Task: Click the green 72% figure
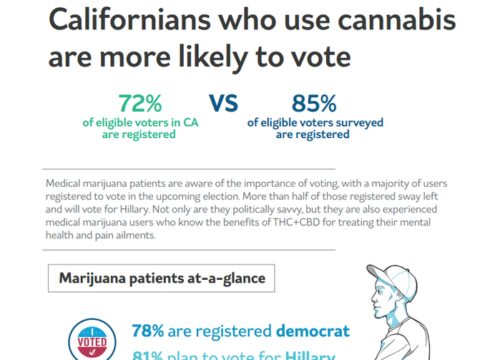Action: tap(140, 104)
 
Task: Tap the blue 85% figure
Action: tap(314, 104)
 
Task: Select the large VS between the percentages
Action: tap(223, 104)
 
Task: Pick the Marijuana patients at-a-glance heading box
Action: tap(161, 278)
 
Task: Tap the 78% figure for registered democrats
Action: tap(148, 331)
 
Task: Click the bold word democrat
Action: tap(313, 331)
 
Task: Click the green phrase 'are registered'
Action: tap(139, 135)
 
